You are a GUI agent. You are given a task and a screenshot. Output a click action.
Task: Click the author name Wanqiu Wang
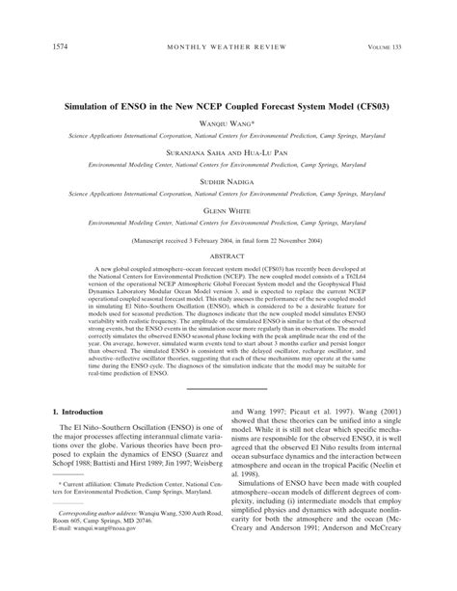(228, 124)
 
